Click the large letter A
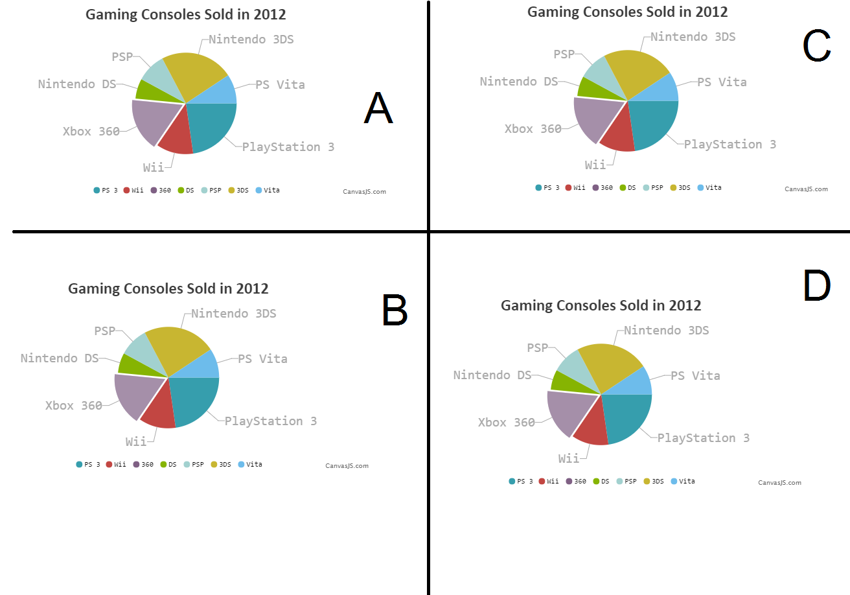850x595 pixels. (378, 108)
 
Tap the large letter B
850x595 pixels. (395, 310)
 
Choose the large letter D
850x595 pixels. (816, 286)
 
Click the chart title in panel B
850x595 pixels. (168, 288)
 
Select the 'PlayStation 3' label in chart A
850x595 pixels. (288, 147)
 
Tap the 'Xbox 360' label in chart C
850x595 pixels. (533, 129)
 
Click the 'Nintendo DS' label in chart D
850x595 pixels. (492, 375)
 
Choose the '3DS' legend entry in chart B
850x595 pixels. (221, 464)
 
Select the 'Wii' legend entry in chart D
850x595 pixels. (549, 481)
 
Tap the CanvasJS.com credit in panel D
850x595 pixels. (779, 483)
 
